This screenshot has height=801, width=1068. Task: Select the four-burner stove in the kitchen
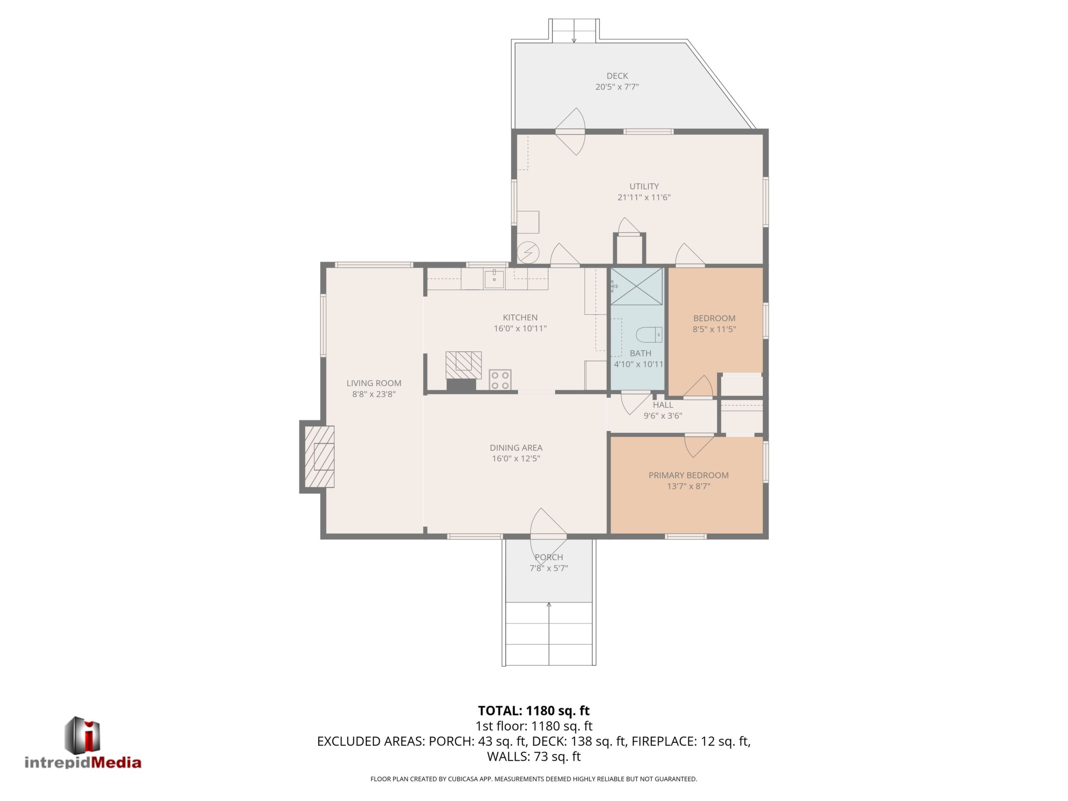point(500,380)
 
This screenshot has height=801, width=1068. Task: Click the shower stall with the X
point(637,287)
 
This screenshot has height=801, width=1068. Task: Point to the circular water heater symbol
point(528,252)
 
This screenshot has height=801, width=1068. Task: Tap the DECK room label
point(617,76)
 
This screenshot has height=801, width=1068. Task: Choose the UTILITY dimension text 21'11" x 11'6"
point(644,197)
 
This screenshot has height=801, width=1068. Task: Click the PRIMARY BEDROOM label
point(688,475)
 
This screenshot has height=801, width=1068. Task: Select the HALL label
point(663,405)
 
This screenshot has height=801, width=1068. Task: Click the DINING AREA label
point(516,448)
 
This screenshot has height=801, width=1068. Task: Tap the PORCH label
point(549,557)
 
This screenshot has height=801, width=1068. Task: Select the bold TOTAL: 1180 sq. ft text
point(534,711)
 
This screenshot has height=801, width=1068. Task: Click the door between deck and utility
point(570,131)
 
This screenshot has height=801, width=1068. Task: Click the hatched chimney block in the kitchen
point(463,365)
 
